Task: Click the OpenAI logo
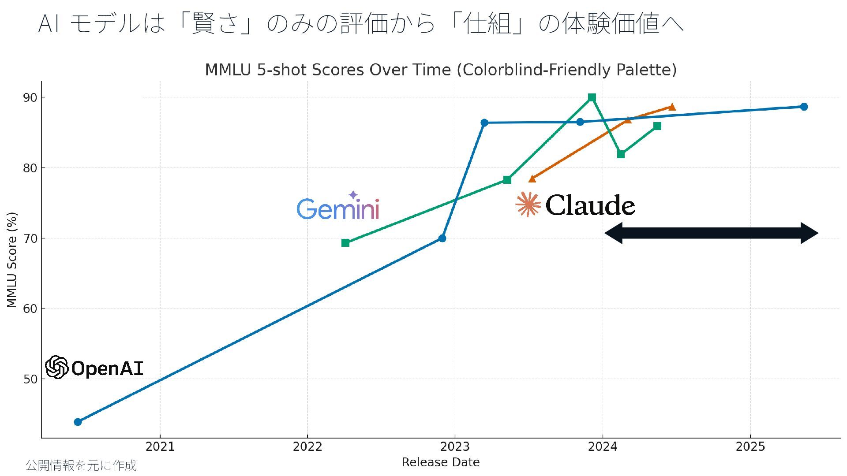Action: (x=94, y=368)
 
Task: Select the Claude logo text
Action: (x=590, y=205)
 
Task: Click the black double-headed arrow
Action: (x=711, y=233)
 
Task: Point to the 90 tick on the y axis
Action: (x=30, y=97)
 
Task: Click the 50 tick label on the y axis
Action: (x=30, y=379)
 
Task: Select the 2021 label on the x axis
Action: (x=160, y=447)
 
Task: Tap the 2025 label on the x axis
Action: (x=750, y=447)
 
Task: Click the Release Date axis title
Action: (x=440, y=462)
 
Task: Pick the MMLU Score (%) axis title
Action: (x=12, y=260)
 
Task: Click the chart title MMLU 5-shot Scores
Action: (x=440, y=70)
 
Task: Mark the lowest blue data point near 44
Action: (x=78, y=422)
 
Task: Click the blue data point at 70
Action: (x=442, y=238)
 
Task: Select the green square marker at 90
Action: (x=592, y=97)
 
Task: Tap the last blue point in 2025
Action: (x=804, y=107)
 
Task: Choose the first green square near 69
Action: (x=345, y=243)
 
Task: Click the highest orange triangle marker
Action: (x=671, y=107)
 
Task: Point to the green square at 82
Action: (x=621, y=154)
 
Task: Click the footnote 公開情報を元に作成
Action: (x=81, y=465)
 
